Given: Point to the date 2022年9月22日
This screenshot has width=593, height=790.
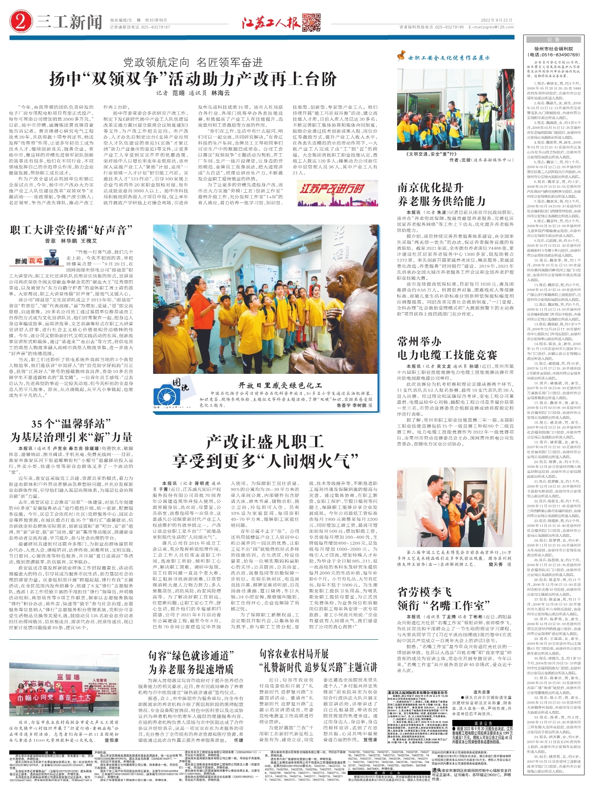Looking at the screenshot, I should [496, 20].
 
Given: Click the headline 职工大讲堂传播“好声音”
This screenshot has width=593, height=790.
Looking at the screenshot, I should [71, 230].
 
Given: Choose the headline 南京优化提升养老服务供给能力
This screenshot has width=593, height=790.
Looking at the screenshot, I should [441, 194].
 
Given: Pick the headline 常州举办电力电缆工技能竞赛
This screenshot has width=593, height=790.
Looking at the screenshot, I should [447, 348].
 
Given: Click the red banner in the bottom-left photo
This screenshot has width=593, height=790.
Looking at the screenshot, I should [53, 698].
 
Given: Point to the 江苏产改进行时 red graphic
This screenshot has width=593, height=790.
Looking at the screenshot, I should [332, 189].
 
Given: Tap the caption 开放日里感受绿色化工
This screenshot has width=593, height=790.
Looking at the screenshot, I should [280, 385].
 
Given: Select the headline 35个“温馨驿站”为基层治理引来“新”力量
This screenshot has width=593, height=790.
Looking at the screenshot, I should [71, 431].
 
